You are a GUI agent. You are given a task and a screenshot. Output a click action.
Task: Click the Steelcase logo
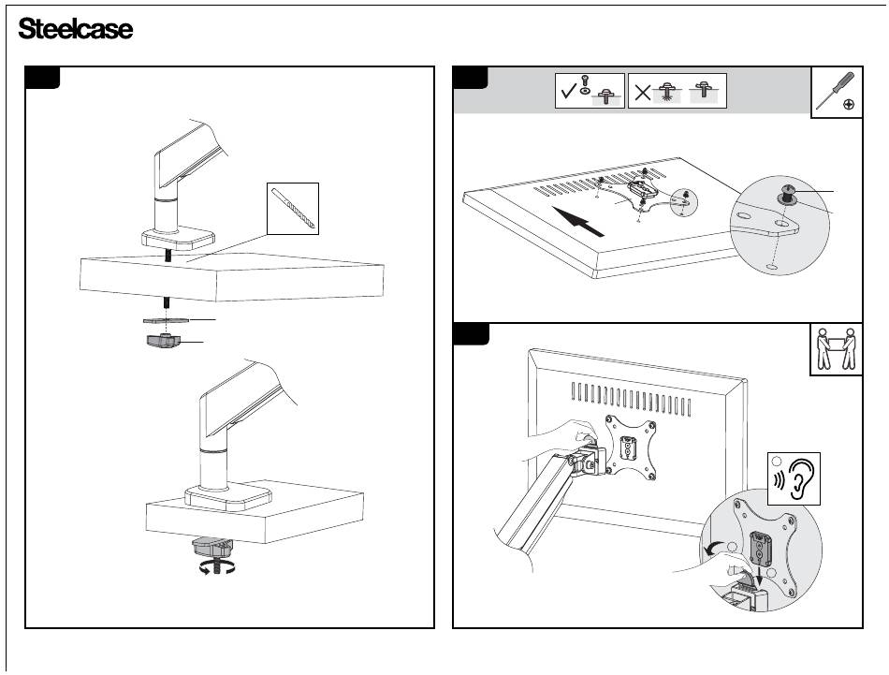pos(76,30)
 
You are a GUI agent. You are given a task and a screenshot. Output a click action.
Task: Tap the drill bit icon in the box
pos(293,209)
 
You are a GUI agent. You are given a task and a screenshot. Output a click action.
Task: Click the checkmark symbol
pos(568,92)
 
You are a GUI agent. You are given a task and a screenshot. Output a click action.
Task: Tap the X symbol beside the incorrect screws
pos(641,92)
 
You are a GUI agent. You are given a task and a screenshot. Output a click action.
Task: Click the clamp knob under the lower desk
pos(215,546)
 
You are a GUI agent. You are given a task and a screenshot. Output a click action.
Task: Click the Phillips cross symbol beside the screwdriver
pos(848,104)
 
